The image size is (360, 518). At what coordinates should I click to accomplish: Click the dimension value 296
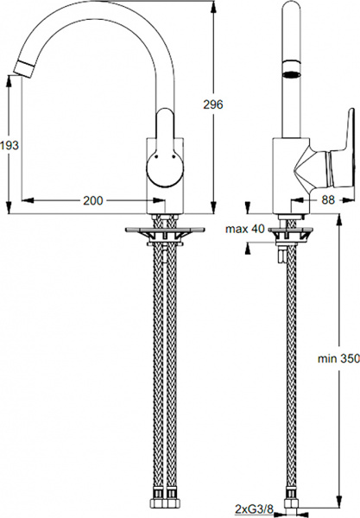[x=213, y=104]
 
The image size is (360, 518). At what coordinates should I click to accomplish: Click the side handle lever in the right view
[x=323, y=165]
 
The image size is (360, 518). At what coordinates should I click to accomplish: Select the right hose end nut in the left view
[x=171, y=498]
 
